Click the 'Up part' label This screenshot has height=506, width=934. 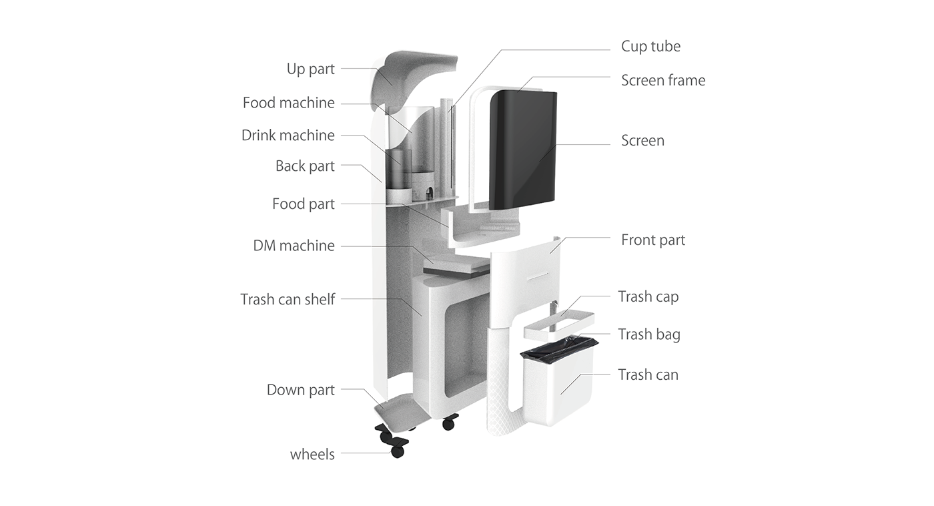click(x=310, y=69)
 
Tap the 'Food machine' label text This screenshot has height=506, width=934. click(x=288, y=103)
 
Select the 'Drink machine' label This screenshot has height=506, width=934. click(x=288, y=136)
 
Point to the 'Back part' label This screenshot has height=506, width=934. click(x=305, y=166)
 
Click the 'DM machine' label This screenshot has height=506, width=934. click(x=294, y=246)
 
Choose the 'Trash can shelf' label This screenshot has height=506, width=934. click(x=288, y=300)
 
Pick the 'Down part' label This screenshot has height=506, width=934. click(x=300, y=390)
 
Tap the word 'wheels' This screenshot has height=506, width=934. click(x=312, y=455)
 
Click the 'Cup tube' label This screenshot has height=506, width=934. click(x=650, y=46)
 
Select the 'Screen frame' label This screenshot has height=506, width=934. click(x=662, y=81)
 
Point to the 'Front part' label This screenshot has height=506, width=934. click(x=652, y=240)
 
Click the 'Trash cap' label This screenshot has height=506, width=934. click(x=648, y=296)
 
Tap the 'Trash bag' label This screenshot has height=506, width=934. click(x=648, y=334)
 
